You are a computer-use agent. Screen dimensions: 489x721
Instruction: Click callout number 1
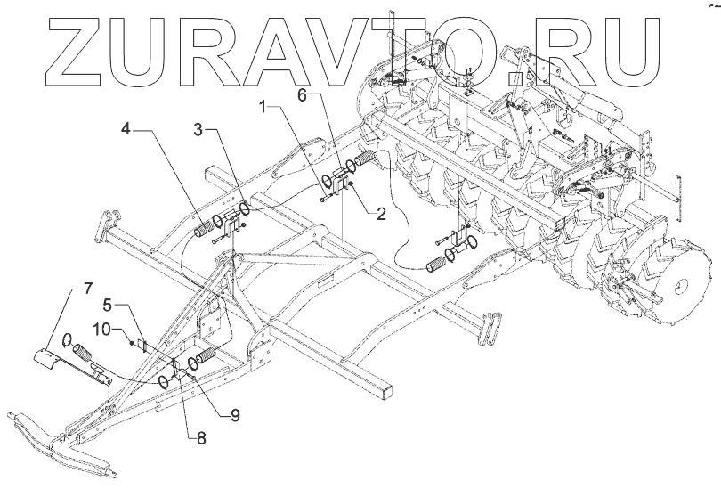[264, 108]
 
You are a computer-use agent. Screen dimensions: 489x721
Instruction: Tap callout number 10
[104, 330]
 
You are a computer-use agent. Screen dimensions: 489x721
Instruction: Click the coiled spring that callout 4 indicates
[207, 228]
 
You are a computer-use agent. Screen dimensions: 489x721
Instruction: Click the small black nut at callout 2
[353, 184]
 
